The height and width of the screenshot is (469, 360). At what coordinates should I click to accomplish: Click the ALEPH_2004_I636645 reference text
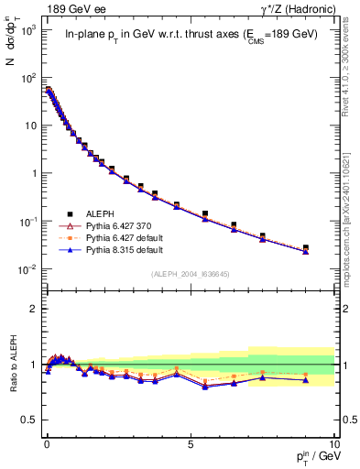click(190, 274)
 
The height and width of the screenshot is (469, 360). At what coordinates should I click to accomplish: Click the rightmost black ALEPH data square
click(306, 247)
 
